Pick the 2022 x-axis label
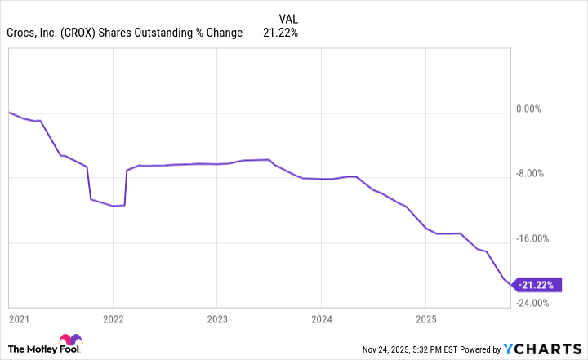click(x=113, y=317)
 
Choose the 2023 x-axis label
click(x=216, y=317)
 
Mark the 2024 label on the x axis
click(x=321, y=317)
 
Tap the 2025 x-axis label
click(x=425, y=317)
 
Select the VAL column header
click(x=288, y=18)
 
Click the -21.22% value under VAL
click(x=279, y=33)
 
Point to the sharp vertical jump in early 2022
click(x=126, y=187)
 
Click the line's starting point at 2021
click(x=8, y=112)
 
